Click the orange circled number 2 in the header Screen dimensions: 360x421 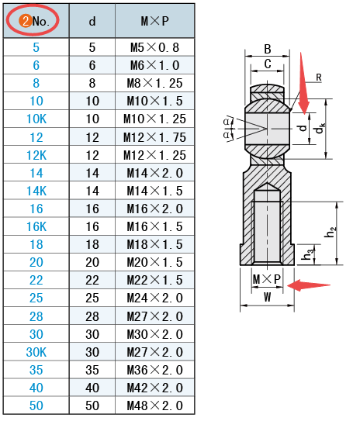(x=26, y=21)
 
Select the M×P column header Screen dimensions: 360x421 (x=154, y=21)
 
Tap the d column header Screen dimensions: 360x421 (x=92, y=21)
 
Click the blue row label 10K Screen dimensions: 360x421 (x=36, y=119)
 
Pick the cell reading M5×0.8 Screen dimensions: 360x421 (x=154, y=47)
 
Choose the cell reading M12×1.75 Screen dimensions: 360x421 (x=154, y=137)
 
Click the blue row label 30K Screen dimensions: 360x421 (x=36, y=352)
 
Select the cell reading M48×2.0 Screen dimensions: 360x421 (x=154, y=405)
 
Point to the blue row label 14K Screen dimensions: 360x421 (x=36, y=191)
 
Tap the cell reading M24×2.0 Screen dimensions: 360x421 (x=154, y=298)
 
